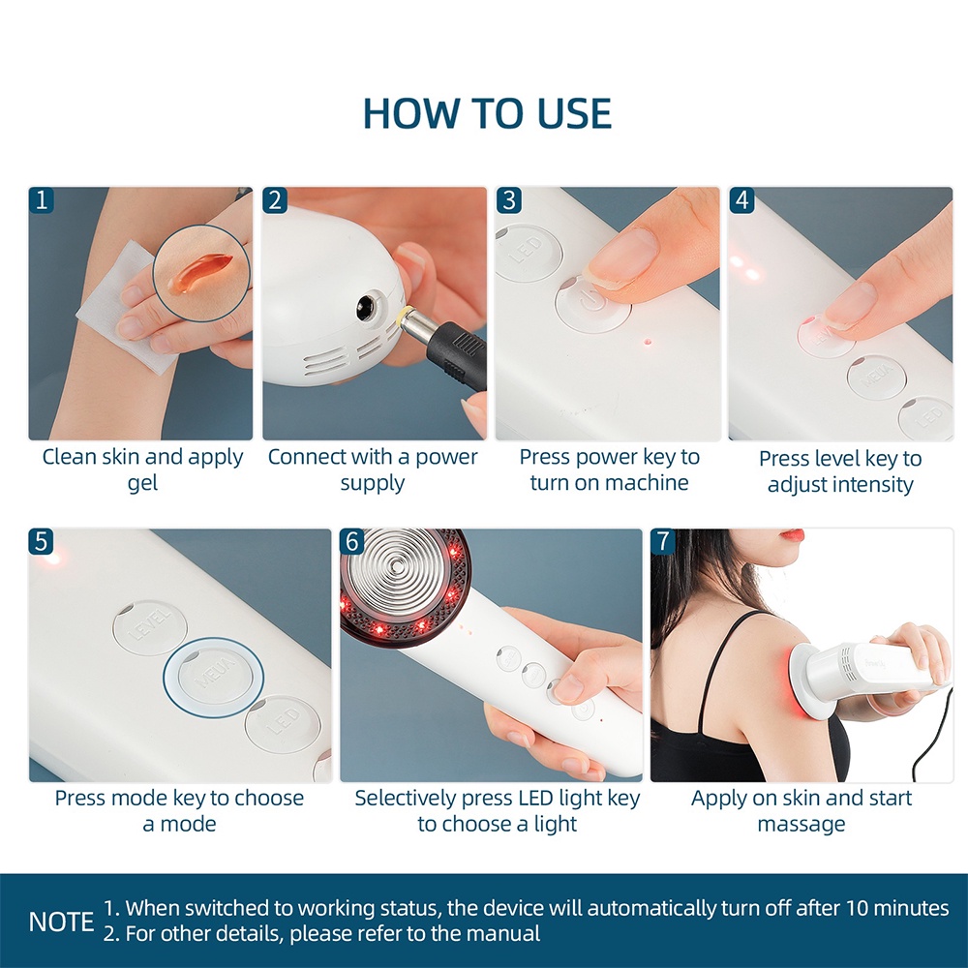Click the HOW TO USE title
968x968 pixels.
[x=487, y=113]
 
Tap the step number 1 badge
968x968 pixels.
[x=42, y=200]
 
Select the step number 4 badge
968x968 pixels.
[x=741, y=200]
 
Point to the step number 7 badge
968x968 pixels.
[x=663, y=541]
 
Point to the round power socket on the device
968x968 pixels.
[x=368, y=306]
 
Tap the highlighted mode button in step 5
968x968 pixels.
[x=213, y=678]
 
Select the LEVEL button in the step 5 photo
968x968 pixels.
[x=149, y=627]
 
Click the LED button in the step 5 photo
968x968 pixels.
[x=283, y=724]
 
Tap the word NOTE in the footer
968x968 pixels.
[x=61, y=922]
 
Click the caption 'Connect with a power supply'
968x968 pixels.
[x=373, y=469]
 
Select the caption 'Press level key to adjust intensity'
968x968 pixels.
[x=840, y=471]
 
